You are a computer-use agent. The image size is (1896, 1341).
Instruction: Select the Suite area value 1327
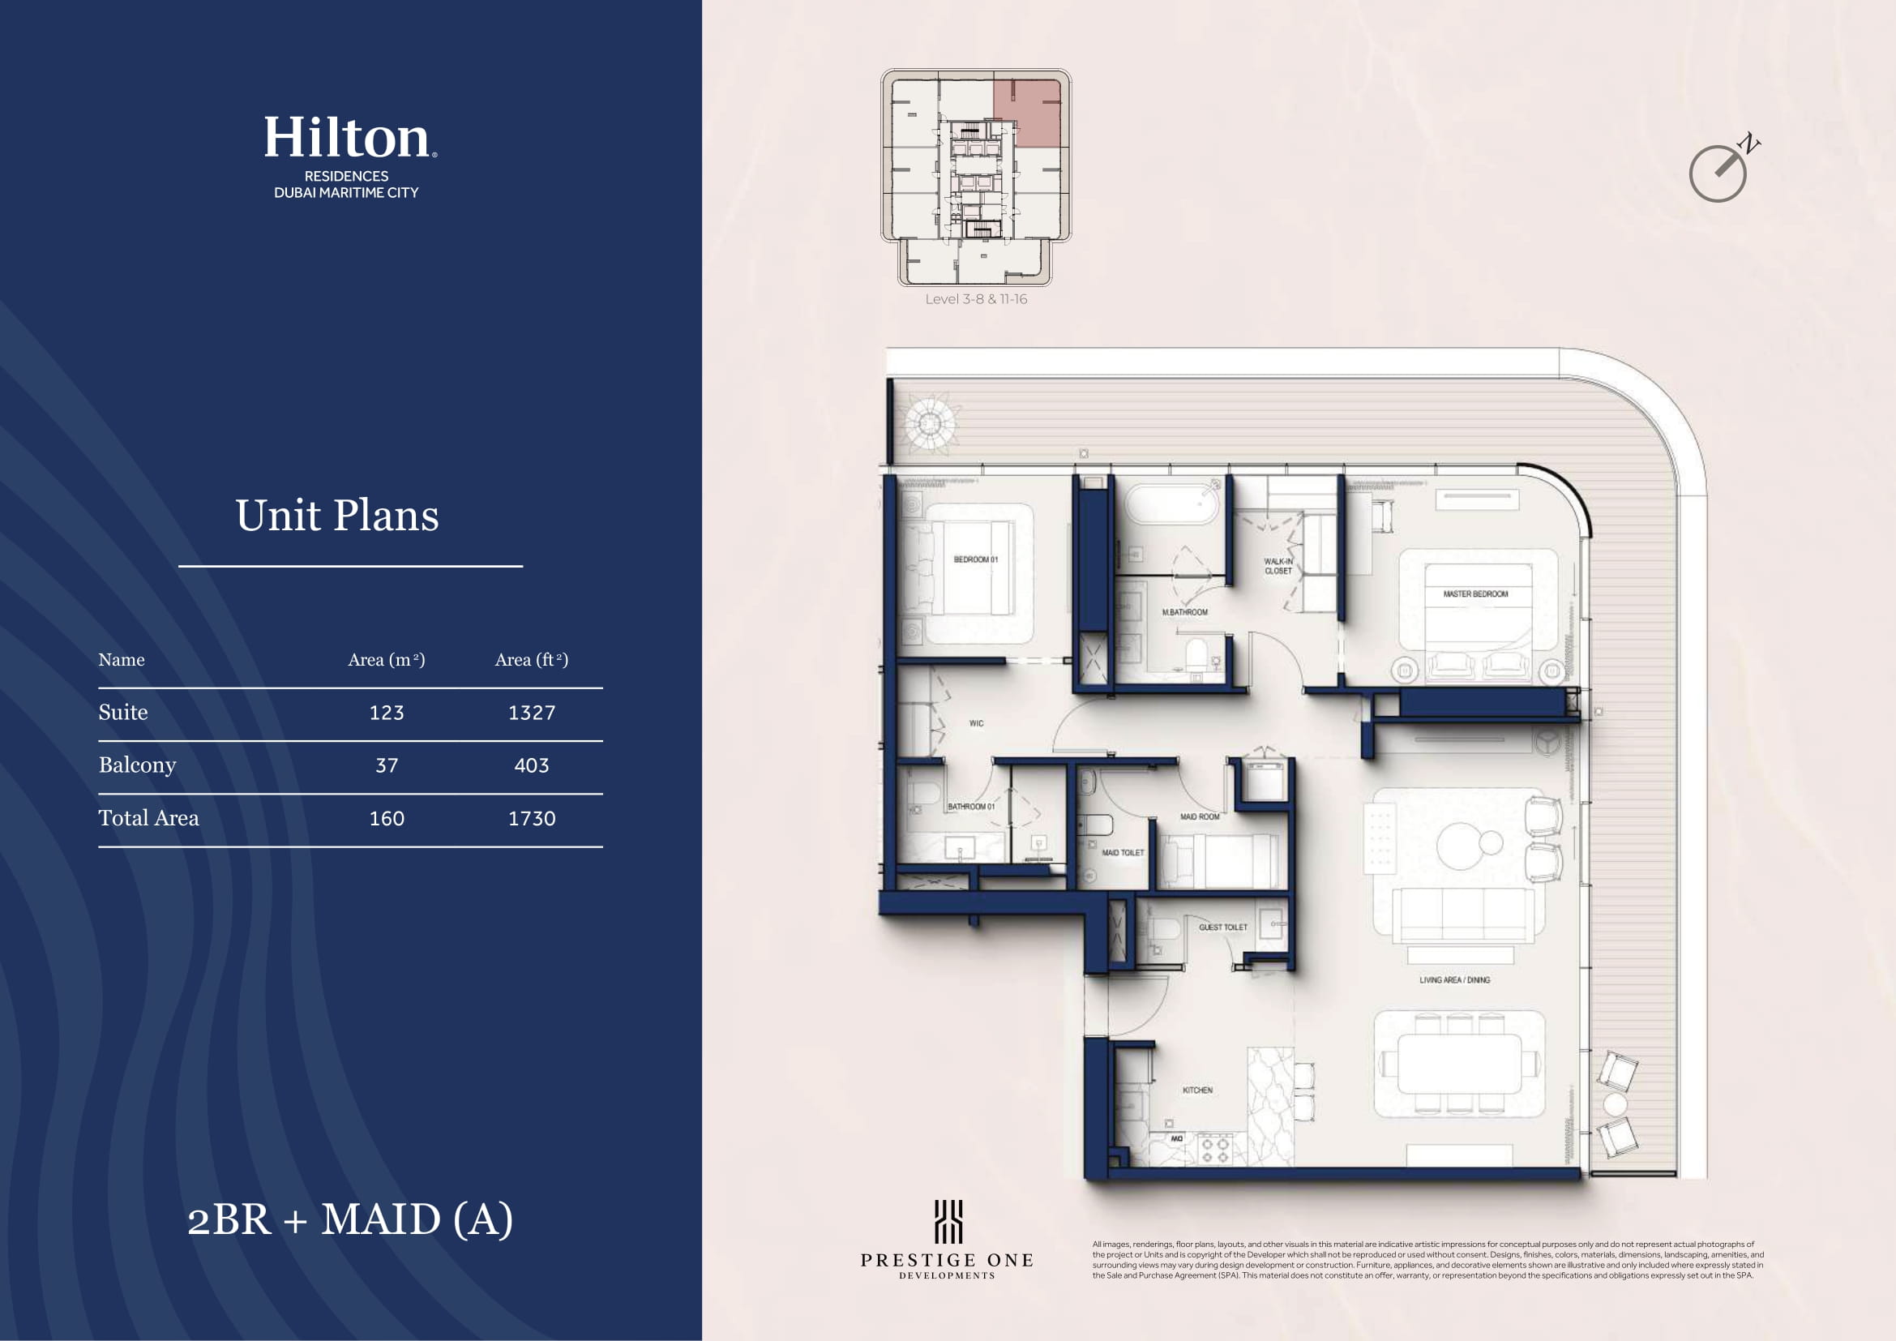click(x=532, y=713)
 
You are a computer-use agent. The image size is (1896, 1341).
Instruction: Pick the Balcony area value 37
click(x=387, y=765)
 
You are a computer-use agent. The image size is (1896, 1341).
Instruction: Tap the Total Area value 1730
click(x=532, y=818)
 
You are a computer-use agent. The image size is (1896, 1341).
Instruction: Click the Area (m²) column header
click(x=387, y=660)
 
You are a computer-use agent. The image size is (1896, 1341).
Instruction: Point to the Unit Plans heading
click(x=337, y=516)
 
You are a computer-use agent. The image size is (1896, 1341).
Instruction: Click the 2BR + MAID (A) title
click(x=350, y=1219)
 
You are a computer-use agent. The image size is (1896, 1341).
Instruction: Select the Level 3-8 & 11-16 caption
click(x=976, y=299)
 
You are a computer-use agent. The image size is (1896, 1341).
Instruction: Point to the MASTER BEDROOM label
click(x=1475, y=593)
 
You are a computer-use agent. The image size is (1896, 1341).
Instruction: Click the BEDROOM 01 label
click(x=976, y=560)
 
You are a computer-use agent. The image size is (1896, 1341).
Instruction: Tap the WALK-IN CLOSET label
click(x=1278, y=567)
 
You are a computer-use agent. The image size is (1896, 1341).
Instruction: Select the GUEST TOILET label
click(x=1223, y=928)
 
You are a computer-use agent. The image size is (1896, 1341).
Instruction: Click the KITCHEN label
click(x=1197, y=1090)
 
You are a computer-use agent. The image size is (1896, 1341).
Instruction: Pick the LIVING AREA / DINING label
click(x=1455, y=980)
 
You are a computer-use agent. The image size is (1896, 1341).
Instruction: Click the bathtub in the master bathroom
click(x=1173, y=503)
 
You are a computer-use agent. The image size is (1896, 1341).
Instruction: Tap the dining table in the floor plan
click(x=1459, y=1064)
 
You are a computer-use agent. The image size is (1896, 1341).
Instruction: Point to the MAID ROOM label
click(x=1200, y=816)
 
